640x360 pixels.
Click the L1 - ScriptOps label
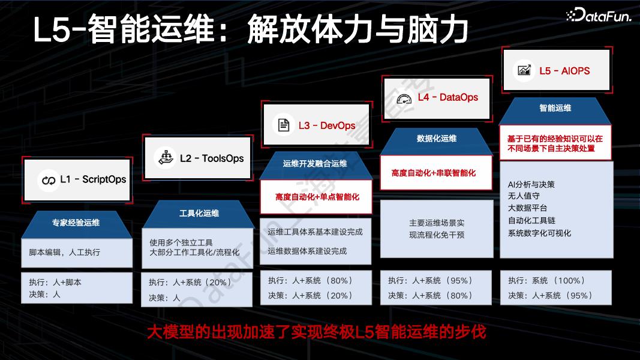[93, 179]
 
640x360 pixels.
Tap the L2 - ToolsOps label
[212, 158]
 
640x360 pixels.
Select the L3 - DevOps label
[327, 125]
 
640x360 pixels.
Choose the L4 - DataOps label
[447, 97]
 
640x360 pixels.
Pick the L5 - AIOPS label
[564, 70]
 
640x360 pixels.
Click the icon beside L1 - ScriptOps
[47, 179]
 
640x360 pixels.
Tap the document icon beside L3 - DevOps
[282, 125]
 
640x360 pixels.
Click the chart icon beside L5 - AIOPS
[524, 70]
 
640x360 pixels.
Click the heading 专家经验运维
[76, 222]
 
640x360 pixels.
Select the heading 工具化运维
[199, 213]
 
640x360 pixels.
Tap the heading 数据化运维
[437, 138]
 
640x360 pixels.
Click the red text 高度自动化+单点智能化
[317, 196]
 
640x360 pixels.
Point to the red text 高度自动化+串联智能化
[434, 173]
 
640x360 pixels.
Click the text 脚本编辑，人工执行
[65, 253]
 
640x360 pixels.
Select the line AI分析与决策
[531, 184]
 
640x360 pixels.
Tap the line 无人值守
[524, 196]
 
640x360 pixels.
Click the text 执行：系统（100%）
[546, 280]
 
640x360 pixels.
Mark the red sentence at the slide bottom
[316, 331]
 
